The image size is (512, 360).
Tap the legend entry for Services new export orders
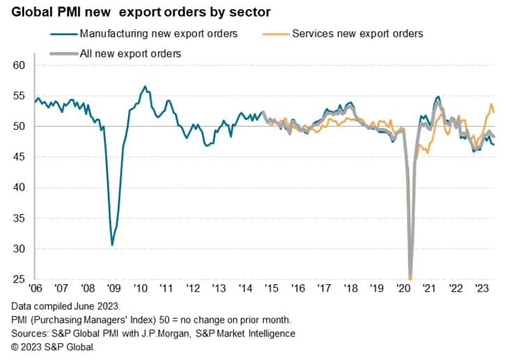click(349, 33)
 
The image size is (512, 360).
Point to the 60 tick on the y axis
click(19, 65)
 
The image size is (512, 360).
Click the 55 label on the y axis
click(19, 96)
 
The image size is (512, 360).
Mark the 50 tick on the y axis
click(19, 126)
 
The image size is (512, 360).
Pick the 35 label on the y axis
click(19, 218)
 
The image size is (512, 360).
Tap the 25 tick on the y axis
click(19, 279)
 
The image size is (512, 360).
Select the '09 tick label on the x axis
click(113, 288)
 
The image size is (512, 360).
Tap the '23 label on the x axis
click(481, 288)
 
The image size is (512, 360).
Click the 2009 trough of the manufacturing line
click(112, 245)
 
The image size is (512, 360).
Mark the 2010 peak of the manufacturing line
click(145, 87)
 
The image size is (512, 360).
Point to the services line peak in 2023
click(490, 104)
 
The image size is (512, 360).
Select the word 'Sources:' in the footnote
click(31, 334)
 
